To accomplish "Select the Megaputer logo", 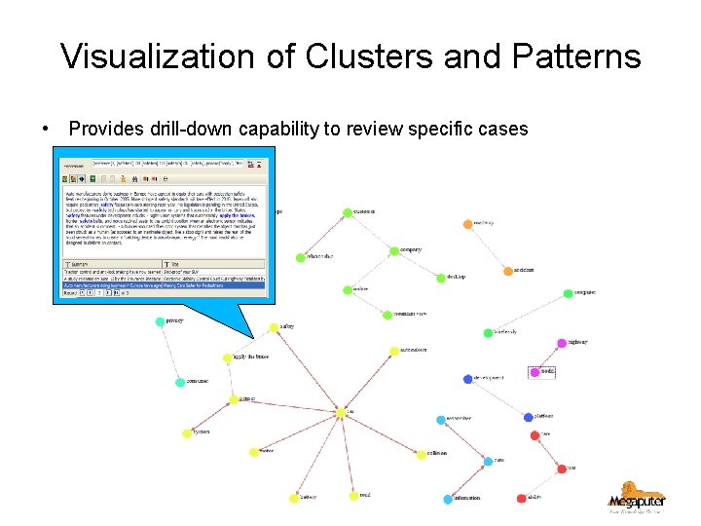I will click(637, 496).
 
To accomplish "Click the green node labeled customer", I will click(348, 212).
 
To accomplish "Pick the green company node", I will click(394, 250).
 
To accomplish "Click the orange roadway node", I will click(466, 224).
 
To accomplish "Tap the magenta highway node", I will click(561, 343).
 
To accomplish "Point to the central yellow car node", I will click(341, 412).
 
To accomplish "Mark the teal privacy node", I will click(160, 320).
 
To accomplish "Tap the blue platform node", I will click(529, 417).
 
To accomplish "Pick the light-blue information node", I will click(448, 499).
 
